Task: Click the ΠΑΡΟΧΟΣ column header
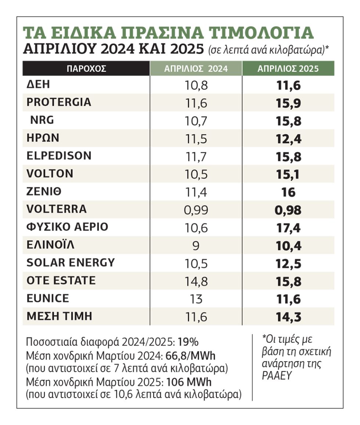coord(86,69)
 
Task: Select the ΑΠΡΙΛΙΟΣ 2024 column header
coord(196,69)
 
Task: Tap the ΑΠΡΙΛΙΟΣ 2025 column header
coord(288,69)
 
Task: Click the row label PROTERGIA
coord(59,102)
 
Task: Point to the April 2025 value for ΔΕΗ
coord(289,86)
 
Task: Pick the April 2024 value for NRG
coord(196,121)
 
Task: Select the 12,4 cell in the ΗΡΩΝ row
coord(289,139)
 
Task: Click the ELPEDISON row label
coord(59,156)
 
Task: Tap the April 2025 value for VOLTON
coord(288,174)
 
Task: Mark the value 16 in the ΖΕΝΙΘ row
coord(288,192)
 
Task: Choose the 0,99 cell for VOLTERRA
coord(196,210)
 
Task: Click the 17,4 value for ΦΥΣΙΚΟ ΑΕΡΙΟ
coord(288,228)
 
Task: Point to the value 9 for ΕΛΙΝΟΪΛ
coord(196,246)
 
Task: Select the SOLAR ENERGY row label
coord(71,263)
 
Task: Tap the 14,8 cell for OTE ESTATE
coord(196,281)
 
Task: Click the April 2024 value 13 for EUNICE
coord(196,299)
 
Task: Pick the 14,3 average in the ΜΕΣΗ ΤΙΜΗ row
coord(289,317)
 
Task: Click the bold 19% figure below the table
coord(188,342)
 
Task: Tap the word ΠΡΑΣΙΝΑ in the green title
coord(162,33)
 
